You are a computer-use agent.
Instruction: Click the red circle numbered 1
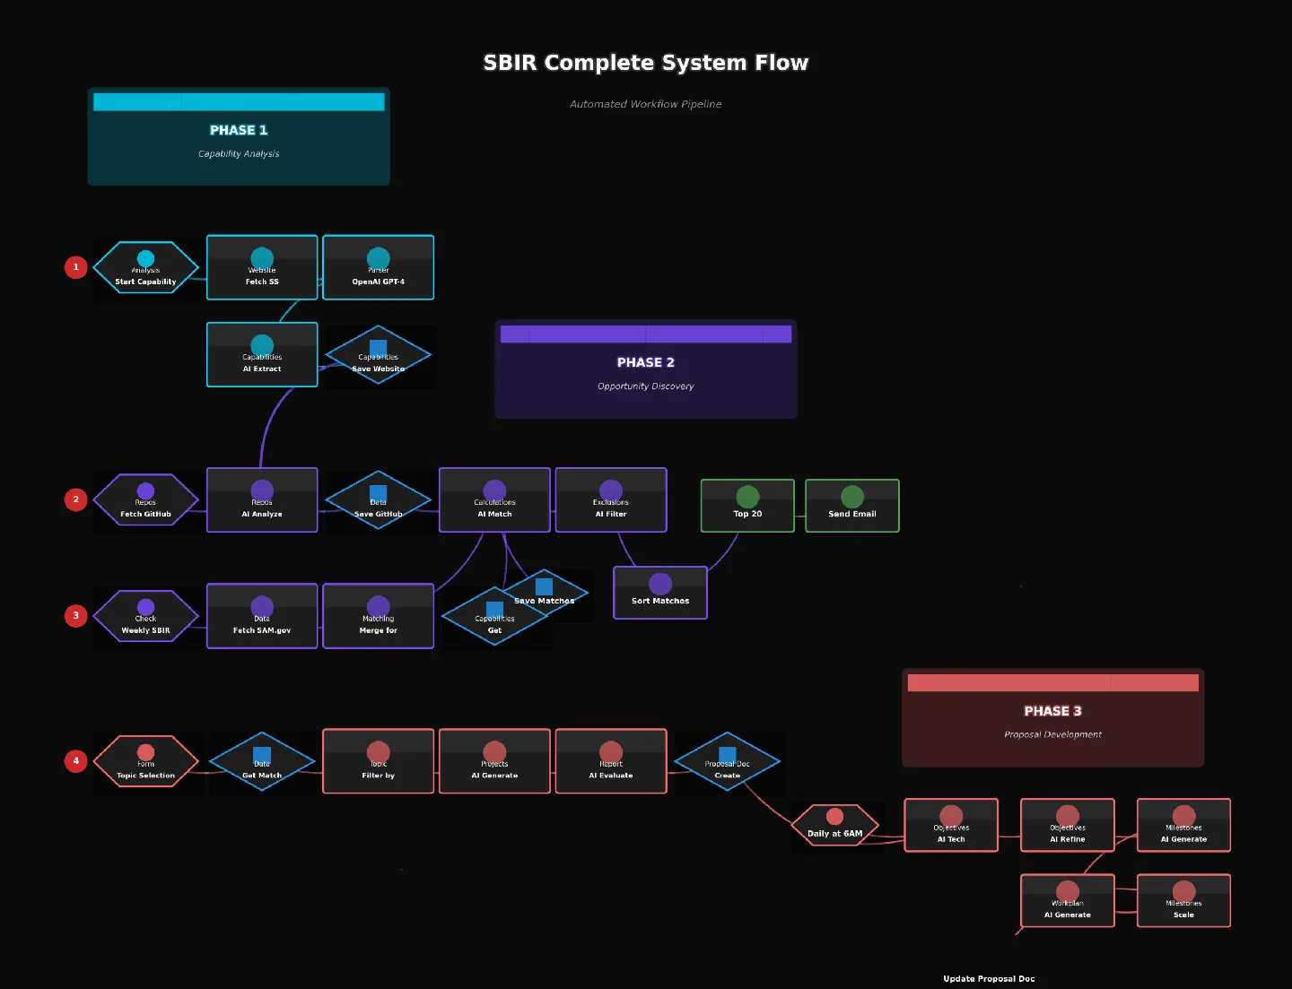coord(76,267)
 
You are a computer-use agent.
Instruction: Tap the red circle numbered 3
coord(76,616)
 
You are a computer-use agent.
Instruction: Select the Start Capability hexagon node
coord(145,268)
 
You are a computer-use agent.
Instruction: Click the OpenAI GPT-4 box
coord(378,268)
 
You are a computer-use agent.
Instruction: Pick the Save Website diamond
coord(378,355)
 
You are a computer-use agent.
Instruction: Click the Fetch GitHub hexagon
coord(145,500)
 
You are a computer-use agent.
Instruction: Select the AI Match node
coord(494,500)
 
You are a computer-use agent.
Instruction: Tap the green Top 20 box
coord(747,506)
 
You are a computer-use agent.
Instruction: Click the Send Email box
coord(851,506)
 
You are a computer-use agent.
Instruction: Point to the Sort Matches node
coord(660,593)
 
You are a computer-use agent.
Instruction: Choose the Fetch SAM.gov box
coord(262,616)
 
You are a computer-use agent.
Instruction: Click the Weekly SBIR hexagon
coord(145,616)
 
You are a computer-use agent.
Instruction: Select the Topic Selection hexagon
coord(145,762)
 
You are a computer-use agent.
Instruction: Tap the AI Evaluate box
coord(611,762)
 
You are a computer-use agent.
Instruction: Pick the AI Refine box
coord(1068,826)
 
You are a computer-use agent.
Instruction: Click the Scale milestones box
coord(1183,901)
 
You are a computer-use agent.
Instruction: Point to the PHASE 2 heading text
coord(646,362)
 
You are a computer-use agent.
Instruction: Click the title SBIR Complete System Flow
coord(646,63)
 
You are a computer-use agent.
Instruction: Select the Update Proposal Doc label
coord(989,979)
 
